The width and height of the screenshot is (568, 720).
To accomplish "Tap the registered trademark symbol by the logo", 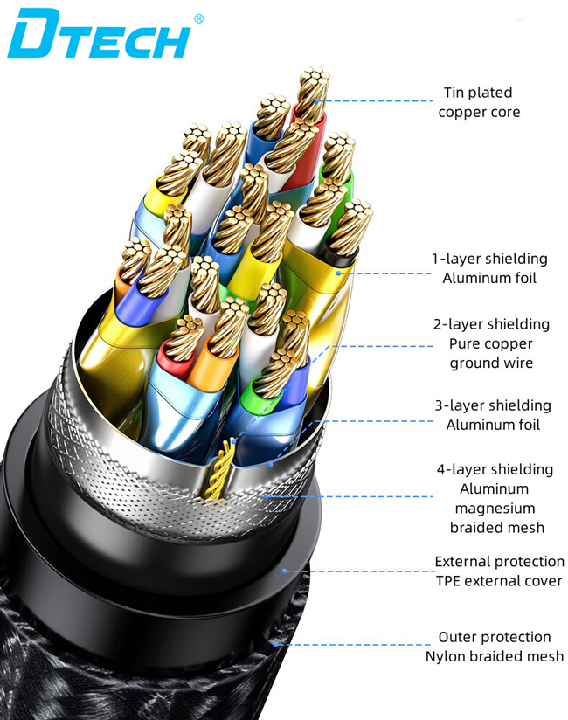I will [x=198, y=17].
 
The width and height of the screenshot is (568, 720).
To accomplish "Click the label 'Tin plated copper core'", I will [x=479, y=102].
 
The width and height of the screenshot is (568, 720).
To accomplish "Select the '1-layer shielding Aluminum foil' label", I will [x=488, y=268].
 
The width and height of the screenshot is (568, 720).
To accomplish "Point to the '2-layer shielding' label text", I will [x=491, y=324].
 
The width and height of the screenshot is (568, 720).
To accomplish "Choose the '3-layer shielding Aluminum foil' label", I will [x=493, y=415].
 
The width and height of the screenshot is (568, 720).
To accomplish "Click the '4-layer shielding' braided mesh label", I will [x=495, y=498].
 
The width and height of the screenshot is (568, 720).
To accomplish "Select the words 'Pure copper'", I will [x=491, y=343].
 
